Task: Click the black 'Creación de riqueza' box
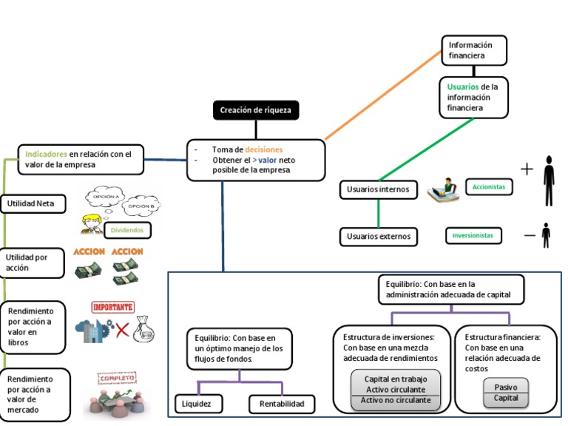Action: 256,111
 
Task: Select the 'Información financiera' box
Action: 475,50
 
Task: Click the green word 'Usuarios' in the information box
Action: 462,87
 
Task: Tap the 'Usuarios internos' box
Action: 378,189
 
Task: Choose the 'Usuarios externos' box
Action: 378,237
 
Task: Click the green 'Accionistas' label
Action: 489,187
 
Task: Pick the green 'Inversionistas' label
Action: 473,236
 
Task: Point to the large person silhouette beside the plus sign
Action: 548,181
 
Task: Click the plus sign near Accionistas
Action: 527,169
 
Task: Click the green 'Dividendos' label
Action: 127,231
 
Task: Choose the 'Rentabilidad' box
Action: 282,404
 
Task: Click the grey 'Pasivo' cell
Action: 506,386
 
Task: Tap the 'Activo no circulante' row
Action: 395,401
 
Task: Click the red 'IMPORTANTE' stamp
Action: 112,307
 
